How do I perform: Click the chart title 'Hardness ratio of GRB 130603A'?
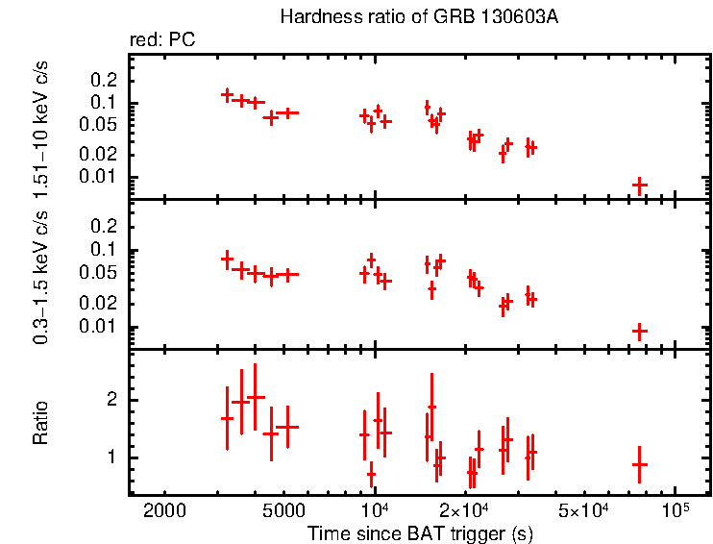pos(417,17)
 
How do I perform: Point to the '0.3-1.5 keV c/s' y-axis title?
pos(42,272)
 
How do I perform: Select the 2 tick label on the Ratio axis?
pos(111,400)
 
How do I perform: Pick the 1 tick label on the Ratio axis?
pos(111,457)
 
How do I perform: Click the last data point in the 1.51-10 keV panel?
pos(640,185)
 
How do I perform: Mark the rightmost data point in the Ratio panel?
pos(640,464)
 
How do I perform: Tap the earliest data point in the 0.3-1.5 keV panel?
pos(228,259)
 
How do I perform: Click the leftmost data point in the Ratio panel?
pos(228,418)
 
